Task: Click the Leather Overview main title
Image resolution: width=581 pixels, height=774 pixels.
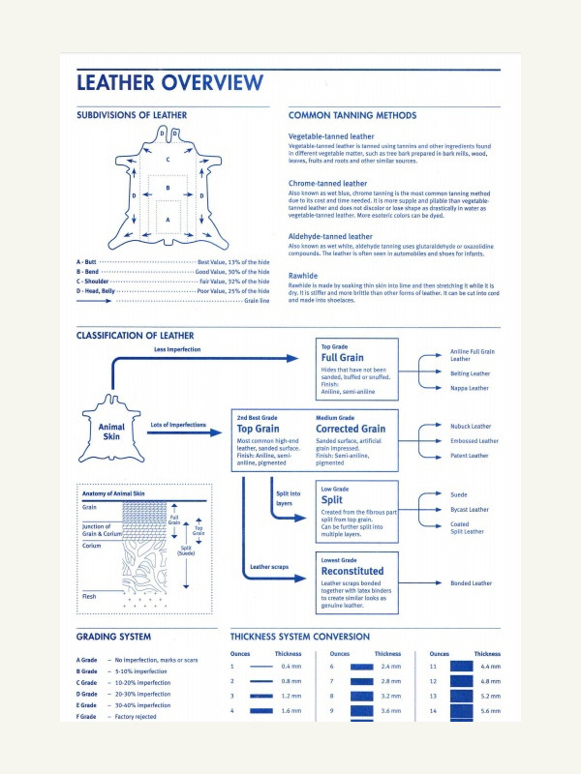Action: [x=169, y=81]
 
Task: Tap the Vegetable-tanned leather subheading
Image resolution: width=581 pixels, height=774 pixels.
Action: [x=331, y=137]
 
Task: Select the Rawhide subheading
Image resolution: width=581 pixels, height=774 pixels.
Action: [x=303, y=276]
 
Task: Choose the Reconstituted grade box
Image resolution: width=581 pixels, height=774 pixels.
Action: [x=357, y=583]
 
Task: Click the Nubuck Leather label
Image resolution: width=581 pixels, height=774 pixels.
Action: [x=471, y=426]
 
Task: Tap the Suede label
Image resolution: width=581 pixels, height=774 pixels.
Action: [x=460, y=493]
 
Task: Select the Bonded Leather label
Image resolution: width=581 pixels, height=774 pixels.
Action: [x=472, y=583]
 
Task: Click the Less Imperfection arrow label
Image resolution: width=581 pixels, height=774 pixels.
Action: [x=177, y=348]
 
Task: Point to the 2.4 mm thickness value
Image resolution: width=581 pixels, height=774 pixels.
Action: [x=390, y=667]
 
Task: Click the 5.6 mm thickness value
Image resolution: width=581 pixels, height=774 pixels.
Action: [x=489, y=711]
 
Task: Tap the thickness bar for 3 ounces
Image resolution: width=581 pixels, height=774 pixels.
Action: [x=261, y=697]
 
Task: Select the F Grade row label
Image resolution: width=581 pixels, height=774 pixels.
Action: [x=87, y=717]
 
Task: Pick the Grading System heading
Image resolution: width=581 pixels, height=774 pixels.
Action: [x=113, y=637]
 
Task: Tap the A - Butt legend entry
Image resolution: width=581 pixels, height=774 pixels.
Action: [x=87, y=262]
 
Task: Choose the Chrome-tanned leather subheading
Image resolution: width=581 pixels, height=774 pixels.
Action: [x=327, y=183]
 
